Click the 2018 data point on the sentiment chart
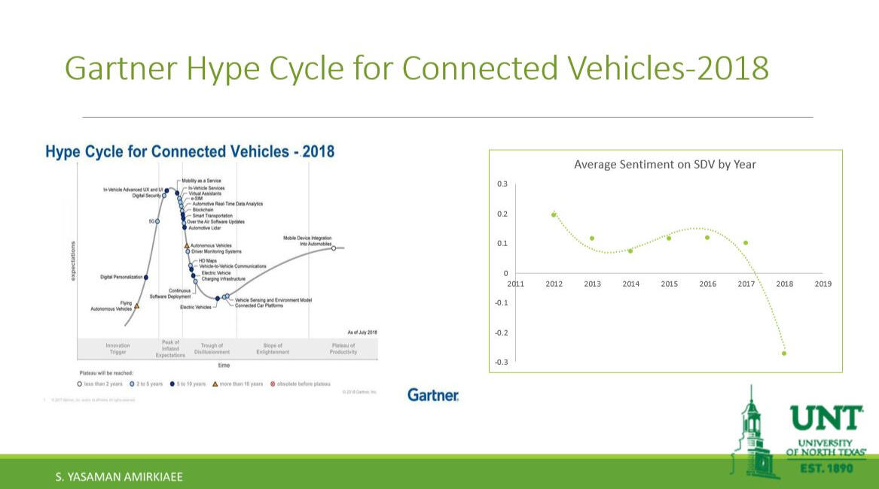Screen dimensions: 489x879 click(784, 353)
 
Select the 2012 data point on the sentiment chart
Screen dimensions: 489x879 click(554, 214)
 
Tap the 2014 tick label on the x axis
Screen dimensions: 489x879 click(630, 284)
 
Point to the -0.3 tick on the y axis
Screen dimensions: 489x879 click(501, 363)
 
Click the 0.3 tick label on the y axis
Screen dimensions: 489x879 click(502, 184)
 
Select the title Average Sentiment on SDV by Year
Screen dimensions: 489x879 click(665, 164)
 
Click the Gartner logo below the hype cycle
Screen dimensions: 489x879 click(433, 395)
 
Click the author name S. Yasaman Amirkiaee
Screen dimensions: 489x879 click(119, 477)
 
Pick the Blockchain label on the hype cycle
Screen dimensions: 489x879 click(203, 210)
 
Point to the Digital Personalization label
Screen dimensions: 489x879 click(121, 278)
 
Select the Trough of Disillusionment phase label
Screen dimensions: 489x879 click(212, 348)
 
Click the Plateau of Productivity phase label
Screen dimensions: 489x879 click(343, 348)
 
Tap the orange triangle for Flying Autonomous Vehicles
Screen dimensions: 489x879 click(136, 306)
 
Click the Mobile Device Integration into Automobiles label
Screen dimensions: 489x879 click(307, 241)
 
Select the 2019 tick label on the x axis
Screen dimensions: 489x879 click(823, 284)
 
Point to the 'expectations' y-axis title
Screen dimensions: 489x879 click(73, 261)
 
